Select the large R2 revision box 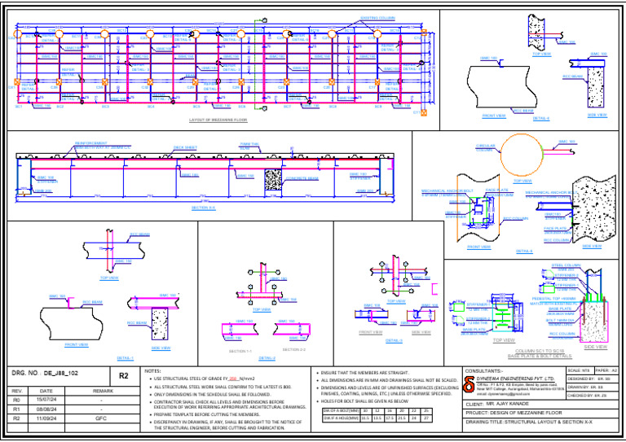click(123, 376)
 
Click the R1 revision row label click(16, 409)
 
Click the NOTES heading click(152, 371)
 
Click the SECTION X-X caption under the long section click(204, 208)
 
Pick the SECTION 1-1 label click(240, 351)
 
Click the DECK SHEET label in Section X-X click(184, 147)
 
